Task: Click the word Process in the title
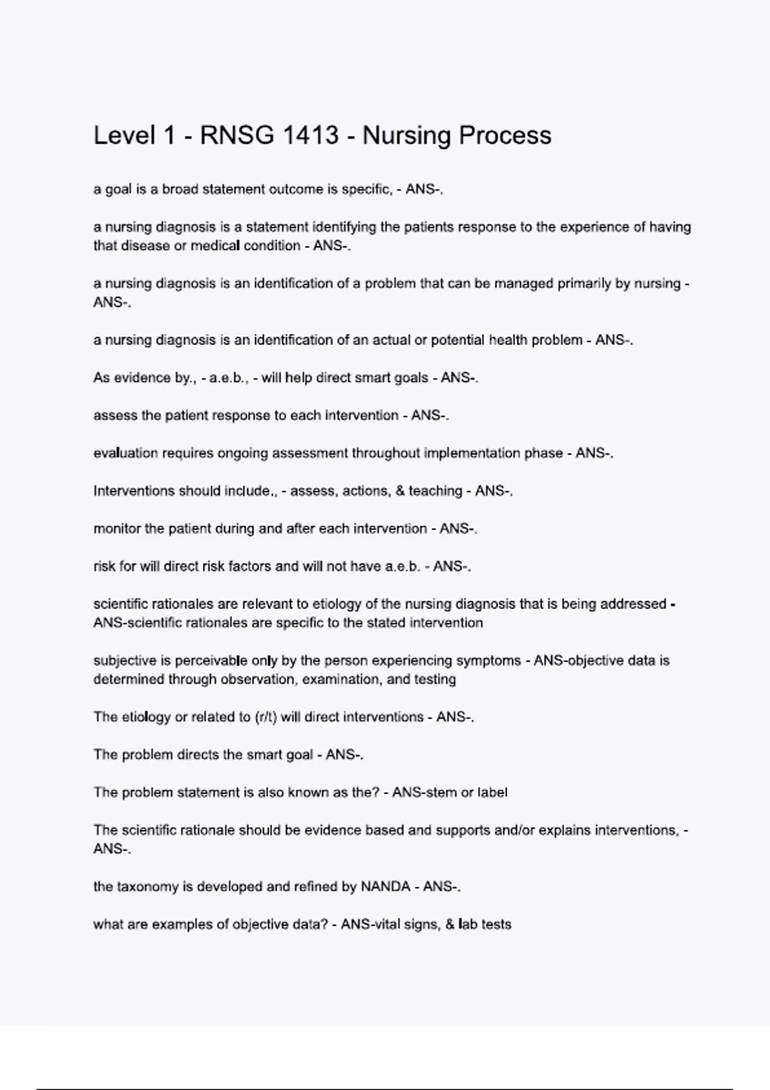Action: coord(505,135)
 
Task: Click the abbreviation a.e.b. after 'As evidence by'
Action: coord(229,378)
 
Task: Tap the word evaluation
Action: coord(125,453)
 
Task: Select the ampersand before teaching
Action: coord(400,491)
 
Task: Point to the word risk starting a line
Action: coord(105,567)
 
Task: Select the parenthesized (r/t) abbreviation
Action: coord(266,717)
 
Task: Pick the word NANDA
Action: coord(385,887)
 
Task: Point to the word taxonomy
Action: coord(147,887)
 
